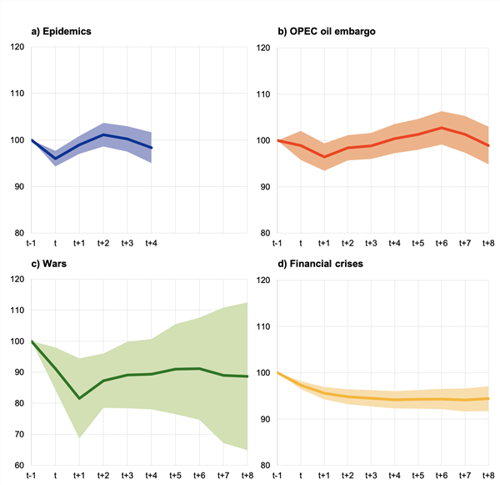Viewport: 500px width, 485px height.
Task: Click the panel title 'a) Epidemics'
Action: [61, 32]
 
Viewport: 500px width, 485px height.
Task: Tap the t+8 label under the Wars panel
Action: [247, 475]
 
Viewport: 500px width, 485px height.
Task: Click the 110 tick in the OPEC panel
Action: [262, 93]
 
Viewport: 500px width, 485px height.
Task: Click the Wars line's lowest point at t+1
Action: [79, 398]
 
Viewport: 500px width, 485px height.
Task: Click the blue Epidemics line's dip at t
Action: [55, 159]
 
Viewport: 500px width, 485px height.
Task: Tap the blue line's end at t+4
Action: [152, 148]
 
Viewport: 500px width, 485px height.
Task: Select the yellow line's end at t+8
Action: [489, 398]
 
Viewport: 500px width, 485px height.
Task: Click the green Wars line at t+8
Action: [247, 376]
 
